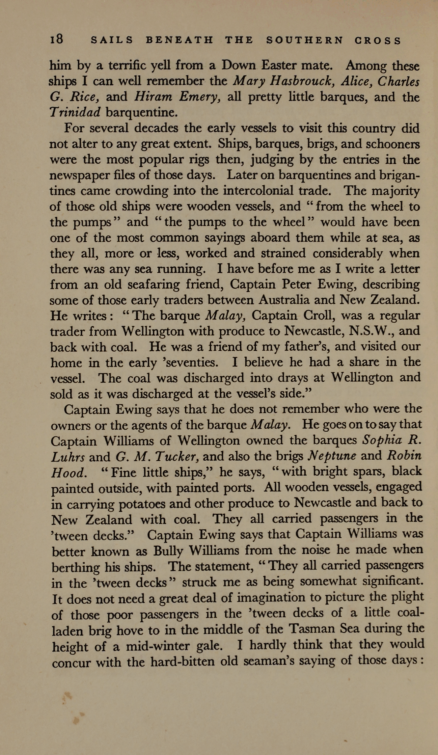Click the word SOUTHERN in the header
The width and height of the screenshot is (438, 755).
305,40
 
